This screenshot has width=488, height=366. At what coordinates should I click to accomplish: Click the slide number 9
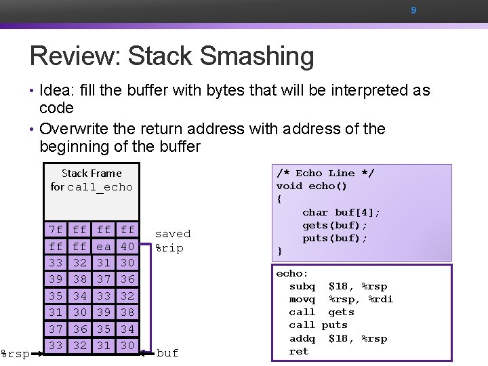pyautogui.click(x=413, y=11)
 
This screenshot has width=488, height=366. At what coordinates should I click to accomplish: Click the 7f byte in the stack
pyautogui.click(x=56, y=230)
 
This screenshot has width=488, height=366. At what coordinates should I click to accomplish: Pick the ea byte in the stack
pyautogui.click(x=104, y=247)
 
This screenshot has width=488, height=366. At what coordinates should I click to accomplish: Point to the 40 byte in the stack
pyautogui.click(x=127, y=247)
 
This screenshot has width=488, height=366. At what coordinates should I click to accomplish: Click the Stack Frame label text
pyautogui.click(x=91, y=174)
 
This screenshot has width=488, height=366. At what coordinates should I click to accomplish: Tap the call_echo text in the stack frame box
pyautogui.click(x=100, y=187)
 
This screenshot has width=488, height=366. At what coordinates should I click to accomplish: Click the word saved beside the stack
pyautogui.click(x=173, y=234)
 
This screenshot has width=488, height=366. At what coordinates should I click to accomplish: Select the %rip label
pyautogui.click(x=169, y=248)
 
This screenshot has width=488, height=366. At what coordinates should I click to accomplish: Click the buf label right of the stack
pyautogui.click(x=167, y=353)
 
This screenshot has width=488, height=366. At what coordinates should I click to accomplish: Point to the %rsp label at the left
pyautogui.click(x=13, y=353)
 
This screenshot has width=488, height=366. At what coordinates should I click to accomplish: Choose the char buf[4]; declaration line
pyautogui.click(x=342, y=213)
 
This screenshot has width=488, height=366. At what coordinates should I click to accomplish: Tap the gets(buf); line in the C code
pyautogui.click(x=335, y=226)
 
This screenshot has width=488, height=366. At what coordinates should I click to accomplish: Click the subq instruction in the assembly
pyautogui.click(x=302, y=287)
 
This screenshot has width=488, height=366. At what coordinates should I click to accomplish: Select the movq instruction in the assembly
pyautogui.click(x=302, y=300)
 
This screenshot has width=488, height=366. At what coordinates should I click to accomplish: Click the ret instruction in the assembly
pyautogui.click(x=298, y=352)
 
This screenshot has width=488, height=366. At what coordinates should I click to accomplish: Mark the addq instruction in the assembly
pyautogui.click(x=302, y=339)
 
